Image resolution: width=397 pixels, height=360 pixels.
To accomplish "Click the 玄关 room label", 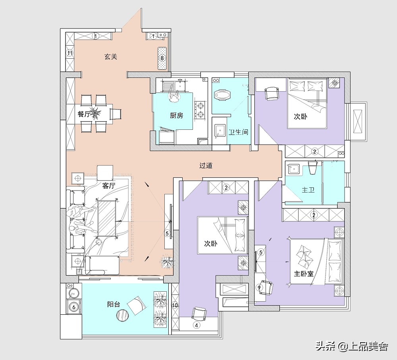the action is tap(111, 56).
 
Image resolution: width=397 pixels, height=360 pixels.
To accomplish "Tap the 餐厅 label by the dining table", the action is tap(84, 114).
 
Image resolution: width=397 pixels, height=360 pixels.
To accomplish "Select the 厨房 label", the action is tap(177, 116).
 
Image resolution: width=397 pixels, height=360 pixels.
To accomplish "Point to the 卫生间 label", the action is tap(238, 132).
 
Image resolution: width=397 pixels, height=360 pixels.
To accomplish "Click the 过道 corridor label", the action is tap(206, 166).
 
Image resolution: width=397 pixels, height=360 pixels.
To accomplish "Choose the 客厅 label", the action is tap(109, 186).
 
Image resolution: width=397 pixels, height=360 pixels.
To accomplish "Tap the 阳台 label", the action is tap(114, 304).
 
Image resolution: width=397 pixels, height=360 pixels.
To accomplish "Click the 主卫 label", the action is tap(308, 190).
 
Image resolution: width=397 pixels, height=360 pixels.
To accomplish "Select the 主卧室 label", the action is tap(304, 273).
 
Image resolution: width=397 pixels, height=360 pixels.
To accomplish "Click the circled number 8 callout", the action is tap(162, 58).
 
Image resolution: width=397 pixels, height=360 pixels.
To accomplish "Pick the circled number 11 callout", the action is tap(70, 53).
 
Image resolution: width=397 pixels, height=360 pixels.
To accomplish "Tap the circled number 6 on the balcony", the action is tap(74, 307).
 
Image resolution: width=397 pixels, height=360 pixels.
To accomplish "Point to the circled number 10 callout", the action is tap(175, 305).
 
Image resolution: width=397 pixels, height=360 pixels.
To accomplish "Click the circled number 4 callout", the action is tap(197, 325).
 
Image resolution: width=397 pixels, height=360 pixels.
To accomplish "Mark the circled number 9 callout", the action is tap(259, 288).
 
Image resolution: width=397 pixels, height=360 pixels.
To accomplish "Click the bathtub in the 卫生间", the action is tap(223, 95).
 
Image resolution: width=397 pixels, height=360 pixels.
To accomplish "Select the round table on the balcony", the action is tap(123, 315).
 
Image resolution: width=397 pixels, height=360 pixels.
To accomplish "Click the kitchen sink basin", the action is tap(180, 85).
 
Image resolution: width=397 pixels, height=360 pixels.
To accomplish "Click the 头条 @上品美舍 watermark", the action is tap(352, 346).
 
